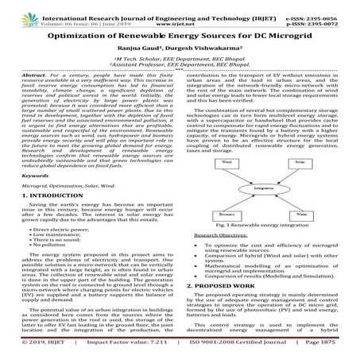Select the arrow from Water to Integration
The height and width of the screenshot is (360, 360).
coord(286,203)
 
